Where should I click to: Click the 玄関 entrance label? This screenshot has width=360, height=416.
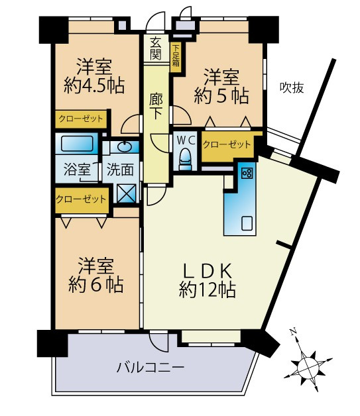[x=155, y=48]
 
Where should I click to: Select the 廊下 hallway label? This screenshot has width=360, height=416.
[x=156, y=105]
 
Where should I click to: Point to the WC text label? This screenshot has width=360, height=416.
[x=185, y=140]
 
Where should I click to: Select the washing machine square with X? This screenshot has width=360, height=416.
[x=125, y=192]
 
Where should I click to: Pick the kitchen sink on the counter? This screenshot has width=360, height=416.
[x=247, y=223]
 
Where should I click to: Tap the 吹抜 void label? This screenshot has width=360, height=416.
[x=291, y=87]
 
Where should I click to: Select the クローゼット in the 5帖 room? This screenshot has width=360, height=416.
[x=227, y=144]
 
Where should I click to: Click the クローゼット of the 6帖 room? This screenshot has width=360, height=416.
[x=81, y=198]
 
